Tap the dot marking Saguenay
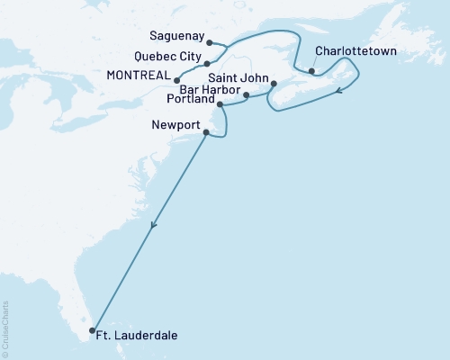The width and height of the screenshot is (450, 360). (x=209, y=42)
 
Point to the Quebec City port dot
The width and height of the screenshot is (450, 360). (x=207, y=64)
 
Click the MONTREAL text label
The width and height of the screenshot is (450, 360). (x=143, y=80)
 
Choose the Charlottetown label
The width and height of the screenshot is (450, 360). (x=355, y=63)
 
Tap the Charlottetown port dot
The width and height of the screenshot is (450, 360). (x=311, y=71)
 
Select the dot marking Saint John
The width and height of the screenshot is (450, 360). (x=274, y=85)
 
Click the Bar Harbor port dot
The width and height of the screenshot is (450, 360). (x=246, y=94)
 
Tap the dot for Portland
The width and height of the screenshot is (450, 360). (x=220, y=104)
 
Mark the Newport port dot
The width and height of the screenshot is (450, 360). (x=207, y=134)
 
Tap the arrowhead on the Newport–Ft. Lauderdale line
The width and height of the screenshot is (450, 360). (x=154, y=227)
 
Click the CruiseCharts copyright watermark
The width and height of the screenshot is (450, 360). (x=5, y=328)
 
